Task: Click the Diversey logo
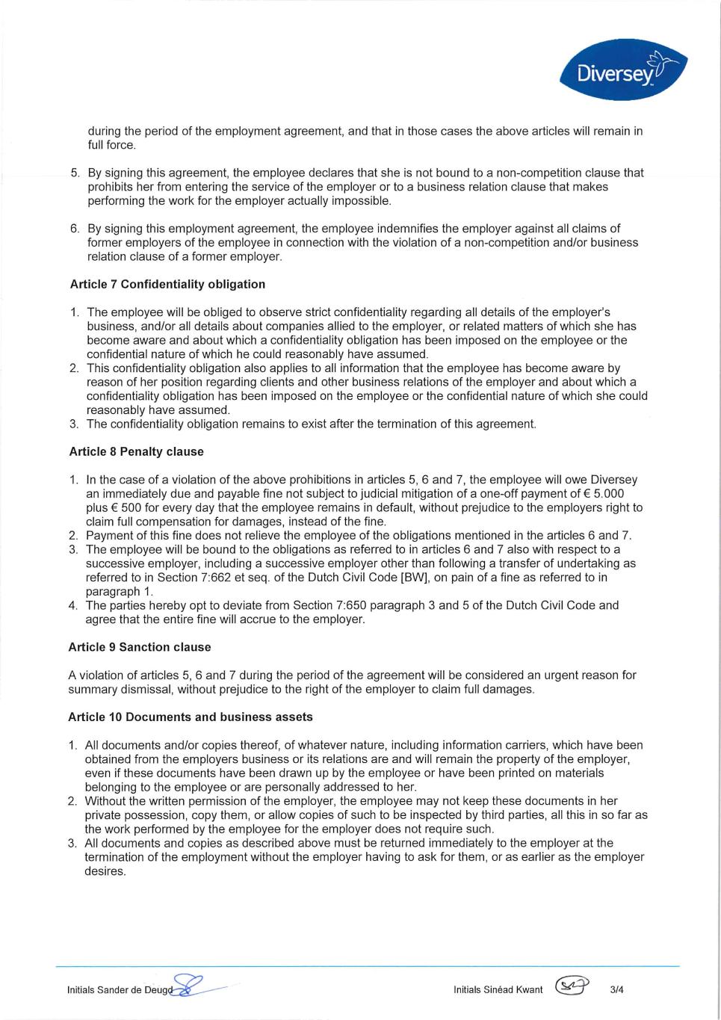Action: [623, 69]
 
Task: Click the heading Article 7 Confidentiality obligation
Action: [167, 284]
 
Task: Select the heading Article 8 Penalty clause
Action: [136, 451]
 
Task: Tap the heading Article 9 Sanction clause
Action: [140, 647]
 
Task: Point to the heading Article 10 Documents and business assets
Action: [191, 717]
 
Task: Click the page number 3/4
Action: [616, 990]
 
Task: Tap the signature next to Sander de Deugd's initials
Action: [191, 986]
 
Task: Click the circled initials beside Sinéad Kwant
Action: [572, 987]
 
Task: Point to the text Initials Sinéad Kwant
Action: [498, 990]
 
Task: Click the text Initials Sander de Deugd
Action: [120, 991]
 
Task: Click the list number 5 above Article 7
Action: [75, 173]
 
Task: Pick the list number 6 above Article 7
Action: [75, 229]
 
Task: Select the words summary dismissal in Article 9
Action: [112, 689]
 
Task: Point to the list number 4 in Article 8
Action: [73, 605]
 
